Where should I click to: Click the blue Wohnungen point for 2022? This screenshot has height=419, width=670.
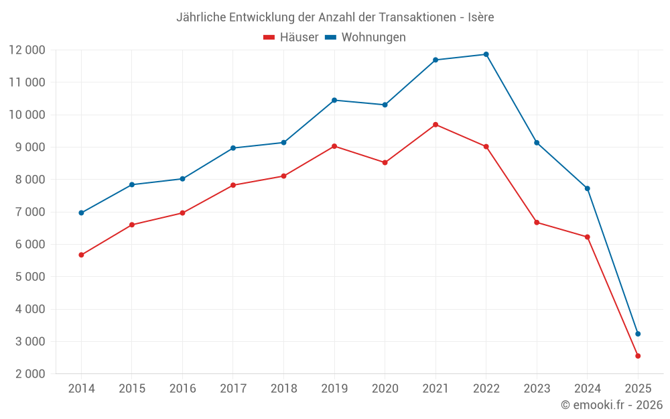(486, 54)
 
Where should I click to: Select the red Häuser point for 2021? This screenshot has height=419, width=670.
(435, 125)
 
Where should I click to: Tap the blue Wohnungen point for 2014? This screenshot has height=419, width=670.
(81, 213)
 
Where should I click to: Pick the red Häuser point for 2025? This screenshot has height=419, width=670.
(638, 356)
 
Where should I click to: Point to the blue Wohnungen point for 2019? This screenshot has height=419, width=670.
(334, 100)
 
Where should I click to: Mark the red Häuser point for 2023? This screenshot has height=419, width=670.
(537, 222)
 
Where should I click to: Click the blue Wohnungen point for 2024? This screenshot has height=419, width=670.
(588, 188)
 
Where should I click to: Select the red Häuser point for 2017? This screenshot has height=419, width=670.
(233, 185)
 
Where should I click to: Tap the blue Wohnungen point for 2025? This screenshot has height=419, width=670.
(638, 334)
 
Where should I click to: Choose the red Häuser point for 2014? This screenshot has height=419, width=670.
(81, 255)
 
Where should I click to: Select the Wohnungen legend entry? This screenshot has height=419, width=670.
(366, 38)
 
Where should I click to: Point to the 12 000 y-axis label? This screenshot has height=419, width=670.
(27, 50)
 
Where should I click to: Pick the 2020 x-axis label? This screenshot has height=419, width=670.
(385, 389)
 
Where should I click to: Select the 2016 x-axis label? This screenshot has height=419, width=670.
(182, 389)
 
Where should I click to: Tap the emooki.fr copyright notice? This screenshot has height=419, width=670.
(611, 405)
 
